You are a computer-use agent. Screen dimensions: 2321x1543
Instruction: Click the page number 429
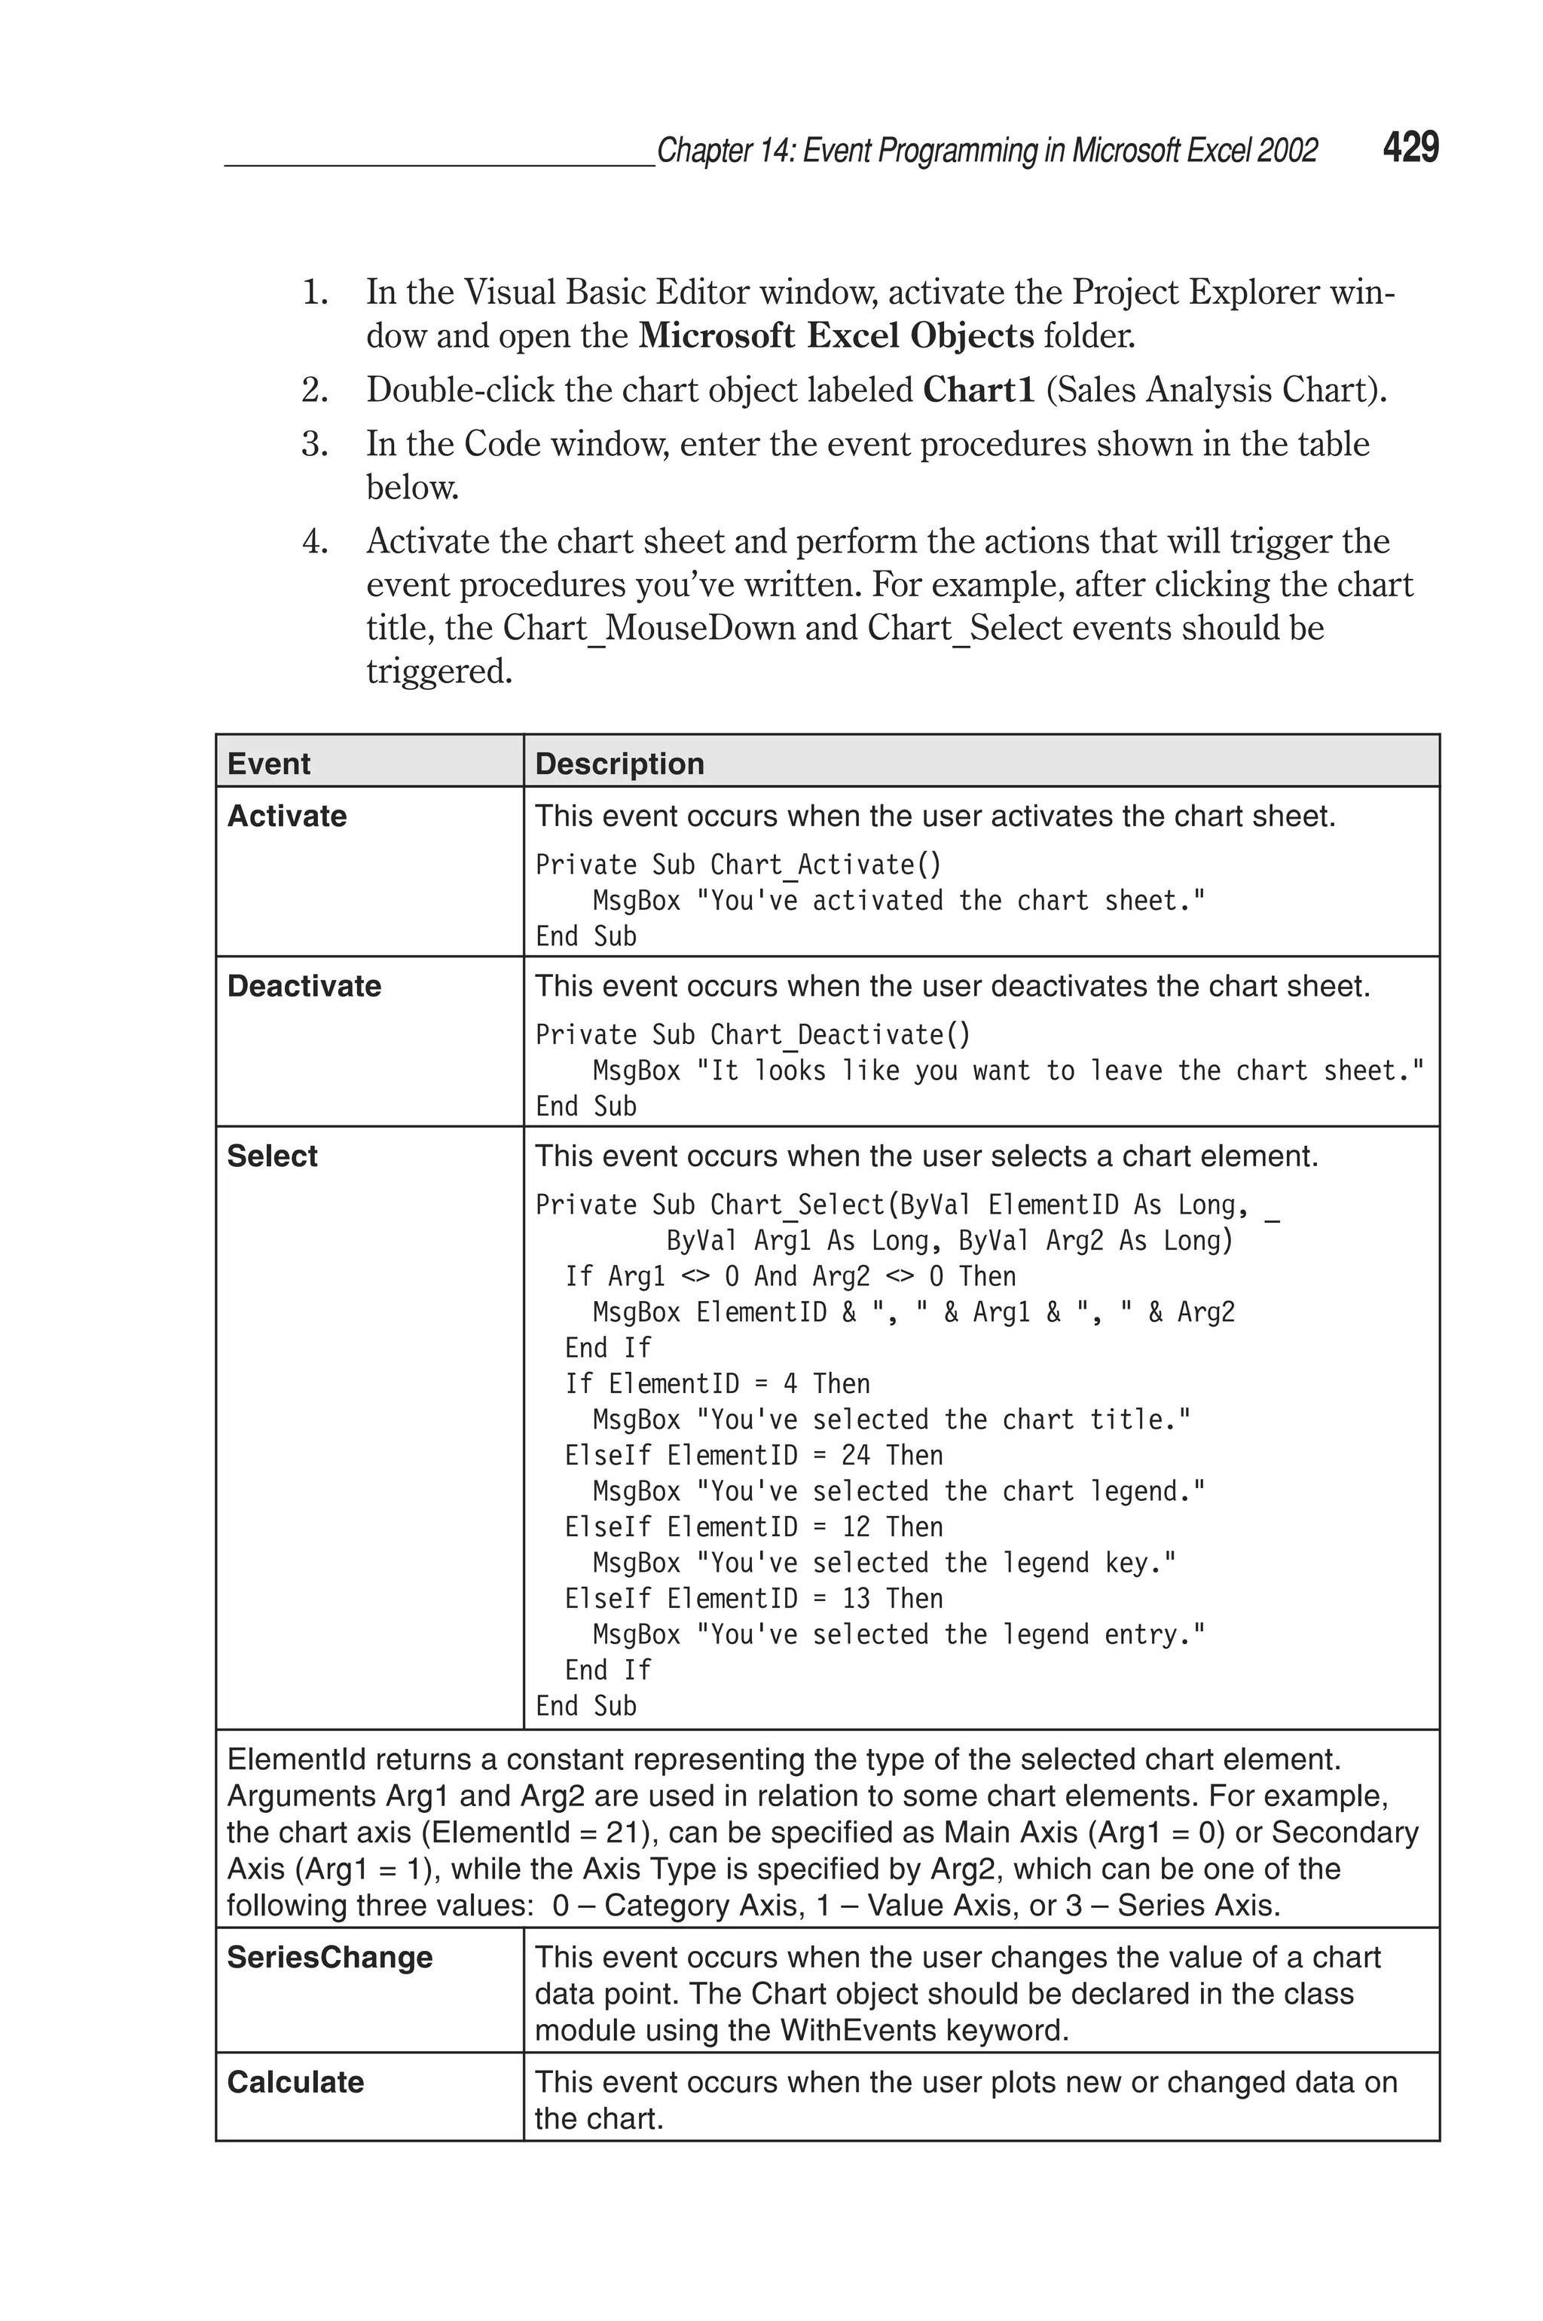pyautogui.click(x=1410, y=148)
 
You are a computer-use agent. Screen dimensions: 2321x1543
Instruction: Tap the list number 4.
pyautogui.click(x=315, y=542)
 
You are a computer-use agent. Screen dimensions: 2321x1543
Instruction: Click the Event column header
pyautogui.click(x=269, y=764)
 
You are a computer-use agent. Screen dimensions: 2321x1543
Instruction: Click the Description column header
pyautogui.click(x=619, y=764)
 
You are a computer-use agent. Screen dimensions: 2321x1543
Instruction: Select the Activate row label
pyautogui.click(x=286, y=816)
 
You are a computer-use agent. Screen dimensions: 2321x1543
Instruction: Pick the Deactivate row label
pyautogui.click(x=304, y=986)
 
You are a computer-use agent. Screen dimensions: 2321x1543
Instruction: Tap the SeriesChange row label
pyautogui.click(x=330, y=1958)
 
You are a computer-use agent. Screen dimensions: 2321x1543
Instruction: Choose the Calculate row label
pyautogui.click(x=295, y=2083)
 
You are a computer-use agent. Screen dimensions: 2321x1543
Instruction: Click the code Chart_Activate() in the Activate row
pyautogui.click(x=826, y=865)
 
